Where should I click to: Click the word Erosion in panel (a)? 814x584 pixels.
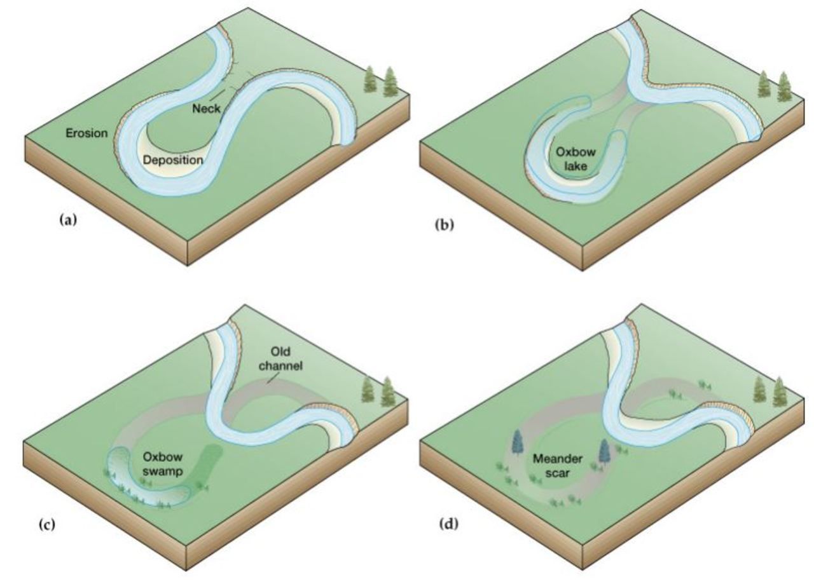(86, 133)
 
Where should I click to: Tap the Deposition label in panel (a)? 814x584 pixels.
(173, 160)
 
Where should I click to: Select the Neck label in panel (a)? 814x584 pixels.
(207, 109)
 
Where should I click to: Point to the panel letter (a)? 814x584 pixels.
(67, 221)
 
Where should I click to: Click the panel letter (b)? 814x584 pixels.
(445, 224)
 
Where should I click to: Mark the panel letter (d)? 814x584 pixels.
(448, 524)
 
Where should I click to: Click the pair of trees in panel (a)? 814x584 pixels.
(381, 82)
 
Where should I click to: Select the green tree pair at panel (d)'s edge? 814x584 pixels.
(771, 391)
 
